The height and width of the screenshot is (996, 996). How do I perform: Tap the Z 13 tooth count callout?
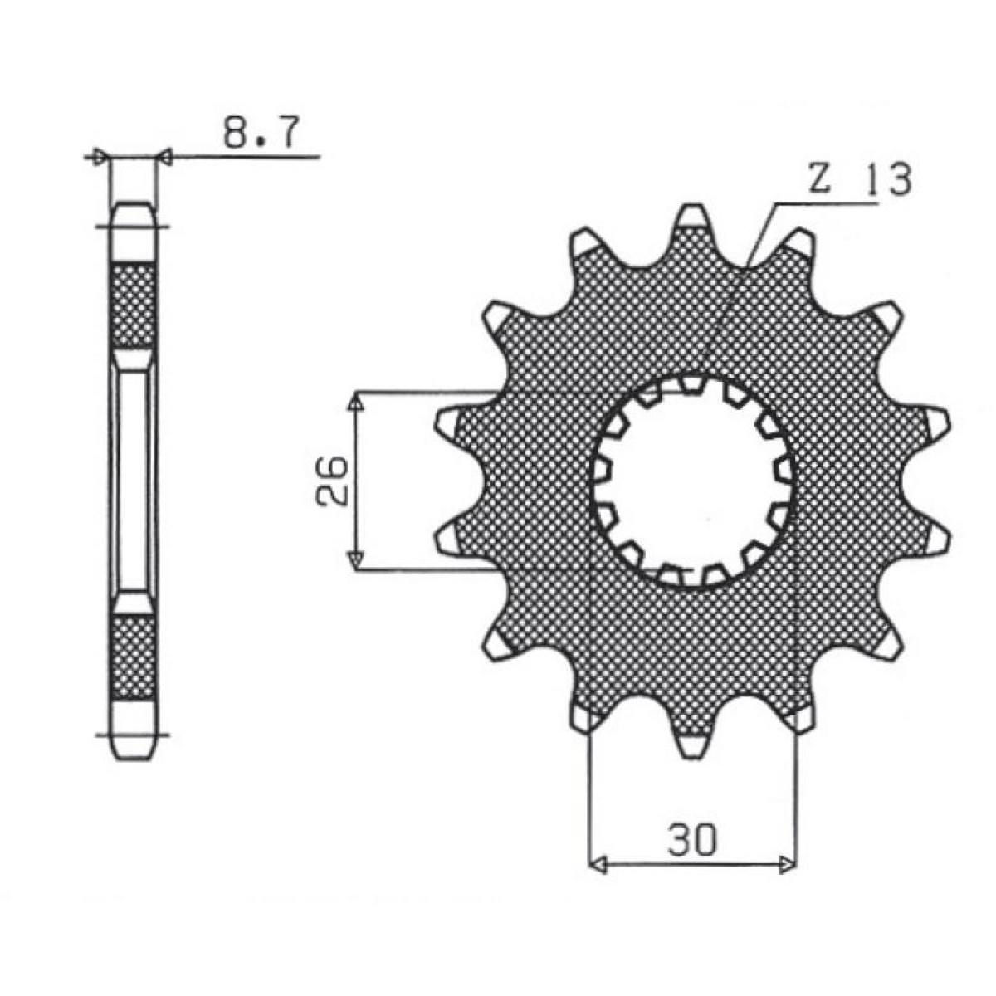coord(859,179)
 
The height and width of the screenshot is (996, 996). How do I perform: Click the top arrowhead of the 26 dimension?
coord(355,402)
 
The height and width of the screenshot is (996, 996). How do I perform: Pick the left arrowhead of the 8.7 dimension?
coord(101,156)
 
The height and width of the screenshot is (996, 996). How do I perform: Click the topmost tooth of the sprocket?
coord(693,222)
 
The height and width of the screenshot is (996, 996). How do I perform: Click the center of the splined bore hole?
coord(693,481)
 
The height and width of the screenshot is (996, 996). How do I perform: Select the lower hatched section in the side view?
coord(133,656)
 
